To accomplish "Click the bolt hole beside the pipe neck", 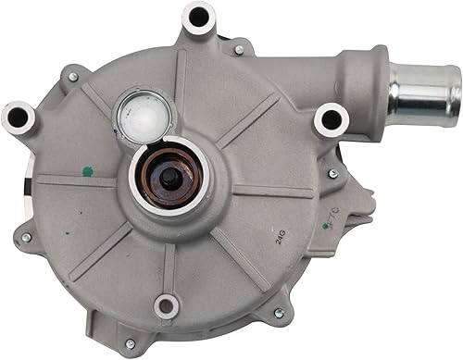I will coord(330,118).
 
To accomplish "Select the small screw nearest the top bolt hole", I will coord(238,49).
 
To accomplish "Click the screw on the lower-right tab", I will coord(279,314).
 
